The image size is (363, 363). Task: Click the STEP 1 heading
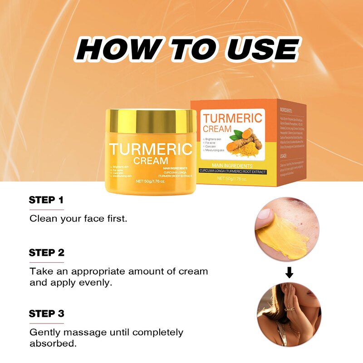46,200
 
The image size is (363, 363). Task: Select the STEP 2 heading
46,253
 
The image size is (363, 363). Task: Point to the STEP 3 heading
46,314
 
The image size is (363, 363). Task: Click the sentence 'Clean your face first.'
78,218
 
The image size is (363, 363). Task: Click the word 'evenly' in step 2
95,283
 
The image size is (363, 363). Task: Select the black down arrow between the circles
289,273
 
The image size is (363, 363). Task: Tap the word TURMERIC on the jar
151,149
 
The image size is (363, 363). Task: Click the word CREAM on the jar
151,161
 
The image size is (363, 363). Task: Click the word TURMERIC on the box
232,118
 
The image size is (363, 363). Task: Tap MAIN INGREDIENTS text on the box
232,166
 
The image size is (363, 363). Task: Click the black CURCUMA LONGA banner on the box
232,172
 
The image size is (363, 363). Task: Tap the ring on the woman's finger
288,309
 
